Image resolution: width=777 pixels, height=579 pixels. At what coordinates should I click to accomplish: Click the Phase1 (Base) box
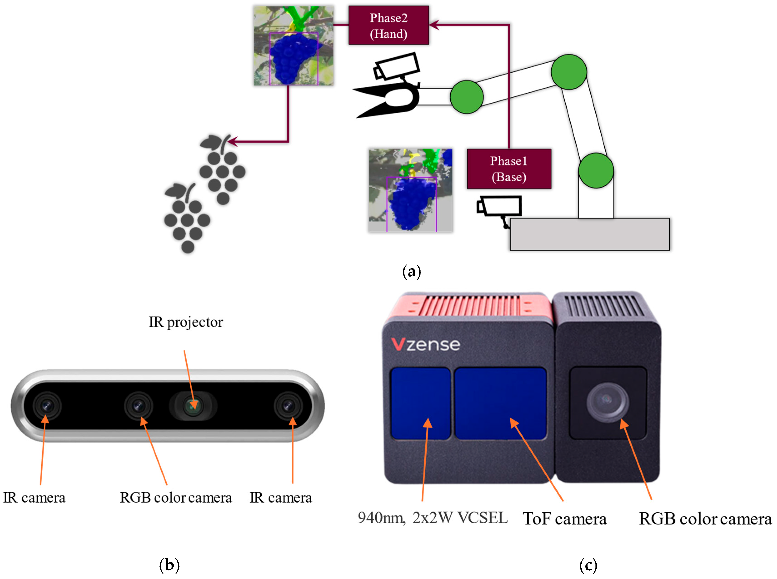(x=508, y=169)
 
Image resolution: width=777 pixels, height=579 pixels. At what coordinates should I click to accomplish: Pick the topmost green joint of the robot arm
(x=568, y=72)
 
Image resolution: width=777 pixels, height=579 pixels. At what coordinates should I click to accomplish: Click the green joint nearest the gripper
(x=466, y=97)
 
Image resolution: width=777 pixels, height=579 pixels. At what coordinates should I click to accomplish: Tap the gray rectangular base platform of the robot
(x=589, y=234)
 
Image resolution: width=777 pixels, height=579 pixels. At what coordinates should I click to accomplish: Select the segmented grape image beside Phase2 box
(x=294, y=46)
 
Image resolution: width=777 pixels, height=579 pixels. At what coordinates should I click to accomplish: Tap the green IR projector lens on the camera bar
(x=192, y=406)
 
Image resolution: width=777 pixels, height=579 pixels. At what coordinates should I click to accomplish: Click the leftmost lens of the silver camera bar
(x=47, y=406)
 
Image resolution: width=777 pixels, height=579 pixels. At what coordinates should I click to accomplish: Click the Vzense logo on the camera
(x=425, y=344)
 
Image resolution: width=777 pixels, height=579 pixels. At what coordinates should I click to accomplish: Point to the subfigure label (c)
(x=588, y=565)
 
